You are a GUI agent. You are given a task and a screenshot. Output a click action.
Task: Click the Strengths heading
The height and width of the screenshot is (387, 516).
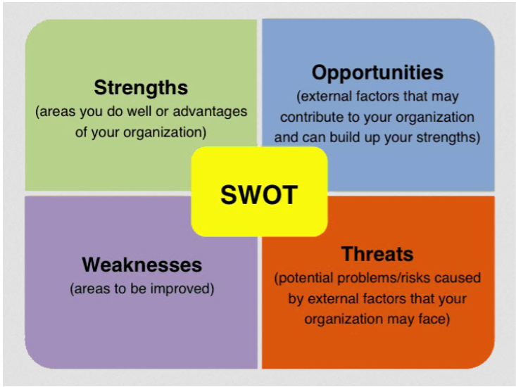[141, 88]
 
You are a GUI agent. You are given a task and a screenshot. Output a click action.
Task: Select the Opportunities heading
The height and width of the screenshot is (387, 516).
[377, 73]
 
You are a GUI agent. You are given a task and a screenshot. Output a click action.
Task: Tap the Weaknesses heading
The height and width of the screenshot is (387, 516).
[141, 265]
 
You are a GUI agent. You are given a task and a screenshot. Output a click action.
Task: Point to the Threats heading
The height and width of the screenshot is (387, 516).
[377, 254]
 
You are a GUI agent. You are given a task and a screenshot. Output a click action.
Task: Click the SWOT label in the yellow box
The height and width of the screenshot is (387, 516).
[259, 195]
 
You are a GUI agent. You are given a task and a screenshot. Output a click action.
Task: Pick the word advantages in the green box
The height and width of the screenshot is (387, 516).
[210, 111]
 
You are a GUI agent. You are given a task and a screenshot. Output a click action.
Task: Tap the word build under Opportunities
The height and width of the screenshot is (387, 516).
[345, 137]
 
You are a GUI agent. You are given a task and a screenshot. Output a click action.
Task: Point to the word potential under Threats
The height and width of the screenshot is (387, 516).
[303, 278]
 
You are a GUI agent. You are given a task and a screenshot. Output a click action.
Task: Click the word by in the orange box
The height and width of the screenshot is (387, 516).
[295, 299]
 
